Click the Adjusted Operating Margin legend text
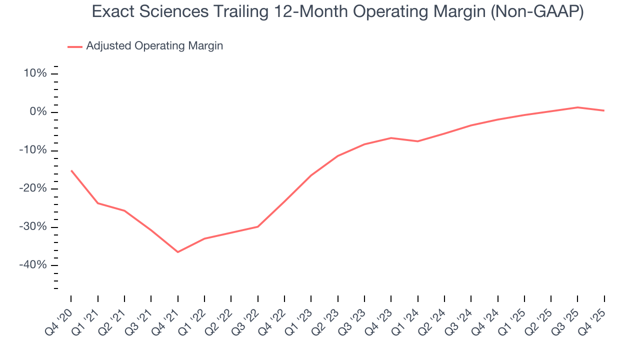(154, 46)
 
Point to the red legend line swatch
(74, 46)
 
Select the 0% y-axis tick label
(38, 112)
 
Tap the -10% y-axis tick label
(33, 150)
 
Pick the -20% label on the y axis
(33, 188)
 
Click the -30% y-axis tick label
(33, 227)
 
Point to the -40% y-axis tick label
(33, 265)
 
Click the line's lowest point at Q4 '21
(177, 252)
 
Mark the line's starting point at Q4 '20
(71, 170)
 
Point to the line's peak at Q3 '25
(577, 107)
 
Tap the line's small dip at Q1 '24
(417, 141)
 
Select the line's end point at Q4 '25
(604, 110)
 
